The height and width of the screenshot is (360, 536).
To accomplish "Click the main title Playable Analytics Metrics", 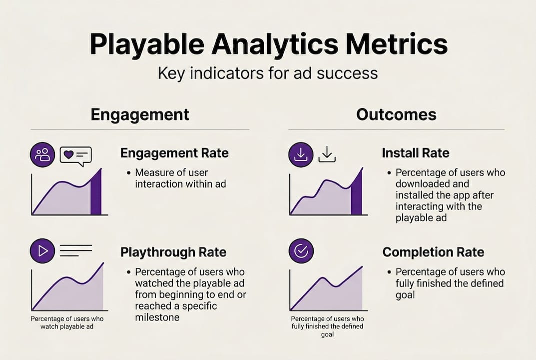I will pos(268,44).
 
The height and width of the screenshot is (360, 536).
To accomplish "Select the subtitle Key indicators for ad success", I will pos(268,73).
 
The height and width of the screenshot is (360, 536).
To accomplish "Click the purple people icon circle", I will pos(42,154).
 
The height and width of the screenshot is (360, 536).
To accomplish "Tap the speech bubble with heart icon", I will pos(76,155).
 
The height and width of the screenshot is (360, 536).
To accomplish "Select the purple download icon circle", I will pos(301,154).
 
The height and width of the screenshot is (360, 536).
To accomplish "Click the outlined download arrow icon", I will pos(327,154).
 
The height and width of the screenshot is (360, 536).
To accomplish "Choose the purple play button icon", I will pos(42,250).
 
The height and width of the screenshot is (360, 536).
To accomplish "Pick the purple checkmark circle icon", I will pos(301,250).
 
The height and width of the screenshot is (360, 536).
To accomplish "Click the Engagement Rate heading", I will pos(174,153).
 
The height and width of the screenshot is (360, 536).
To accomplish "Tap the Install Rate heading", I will pos(416,153).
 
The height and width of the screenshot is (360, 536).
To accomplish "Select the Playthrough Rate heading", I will pos(173,252).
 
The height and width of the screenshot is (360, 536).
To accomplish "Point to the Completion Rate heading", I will pos(433,252).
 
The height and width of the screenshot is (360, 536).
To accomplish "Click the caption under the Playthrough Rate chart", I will pos(67,322).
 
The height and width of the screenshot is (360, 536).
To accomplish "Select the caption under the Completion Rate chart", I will pos(327,326).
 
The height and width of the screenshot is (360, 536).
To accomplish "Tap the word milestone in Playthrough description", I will pos(157,317).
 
